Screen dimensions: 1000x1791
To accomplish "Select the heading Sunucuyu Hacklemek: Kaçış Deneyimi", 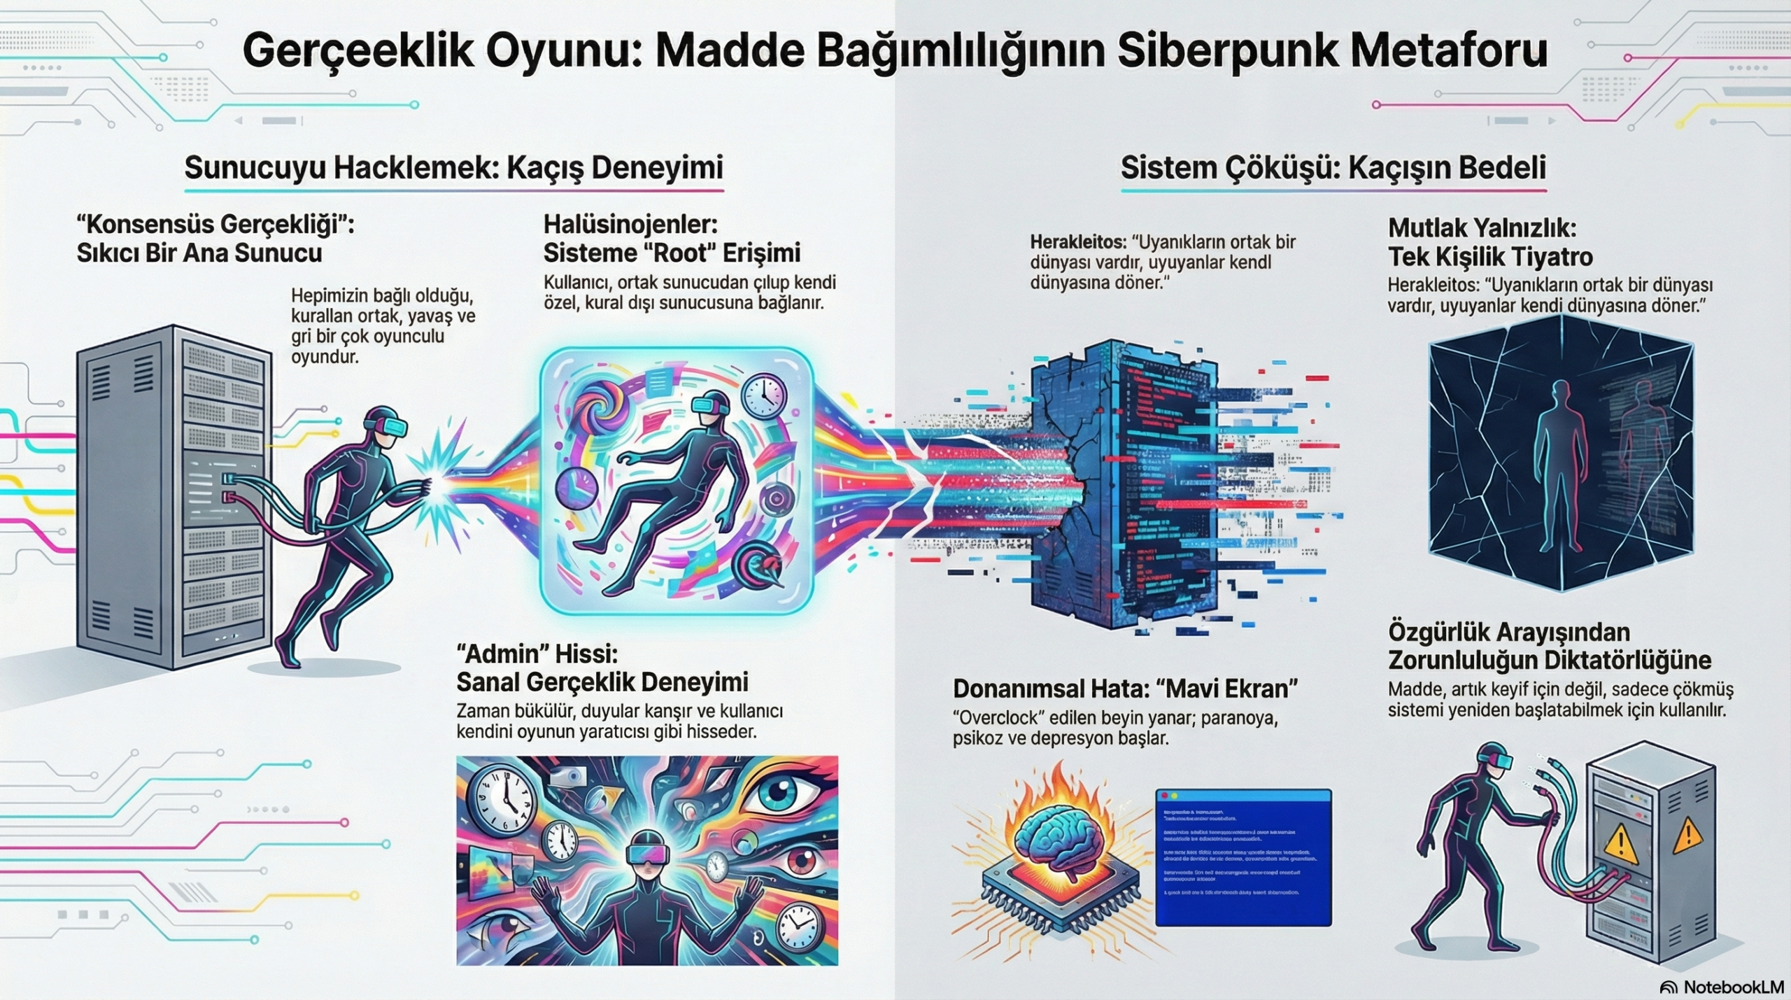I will (453, 168).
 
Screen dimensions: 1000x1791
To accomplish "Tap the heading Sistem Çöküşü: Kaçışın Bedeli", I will (1333, 168).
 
